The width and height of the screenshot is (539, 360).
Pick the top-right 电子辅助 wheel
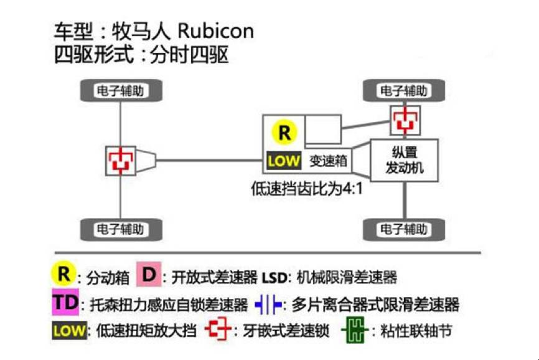pyautogui.click(x=403, y=91)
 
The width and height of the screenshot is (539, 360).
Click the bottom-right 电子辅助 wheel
pyautogui.click(x=403, y=229)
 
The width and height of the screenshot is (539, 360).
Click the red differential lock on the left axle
pyautogui.click(x=120, y=160)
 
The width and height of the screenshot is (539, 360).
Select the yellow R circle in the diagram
pyautogui.click(x=284, y=132)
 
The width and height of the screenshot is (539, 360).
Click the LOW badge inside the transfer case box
pyautogui.click(x=284, y=161)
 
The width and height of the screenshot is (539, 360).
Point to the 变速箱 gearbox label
pyautogui.click(x=328, y=161)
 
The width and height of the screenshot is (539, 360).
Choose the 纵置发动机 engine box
pyautogui.click(x=405, y=160)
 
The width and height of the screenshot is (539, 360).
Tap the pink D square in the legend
pyautogui.click(x=149, y=274)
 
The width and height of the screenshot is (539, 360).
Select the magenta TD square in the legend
pyautogui.click(x=64, y=303)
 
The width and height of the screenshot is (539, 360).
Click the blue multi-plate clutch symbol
pyautogui.click(x=268, y=303)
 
